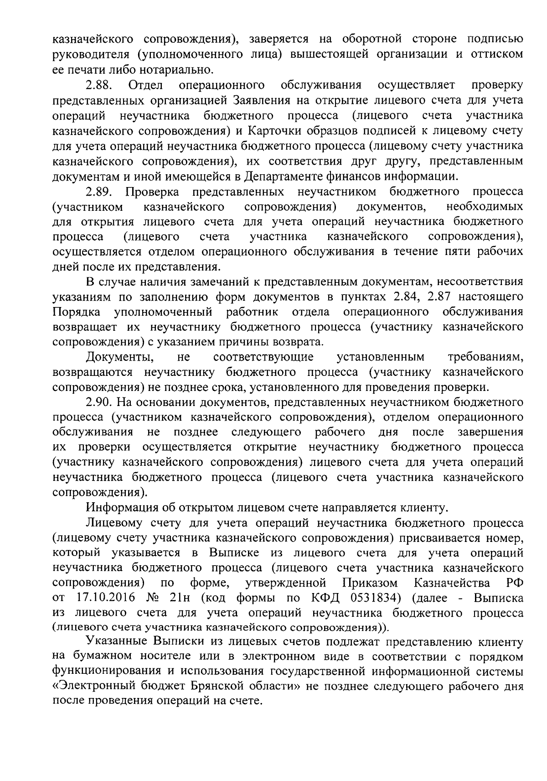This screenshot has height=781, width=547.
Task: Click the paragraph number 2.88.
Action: click(99, 85)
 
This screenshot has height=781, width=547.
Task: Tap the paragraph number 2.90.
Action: click(99, 402)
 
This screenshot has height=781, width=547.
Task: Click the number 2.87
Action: click(444, 297)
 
